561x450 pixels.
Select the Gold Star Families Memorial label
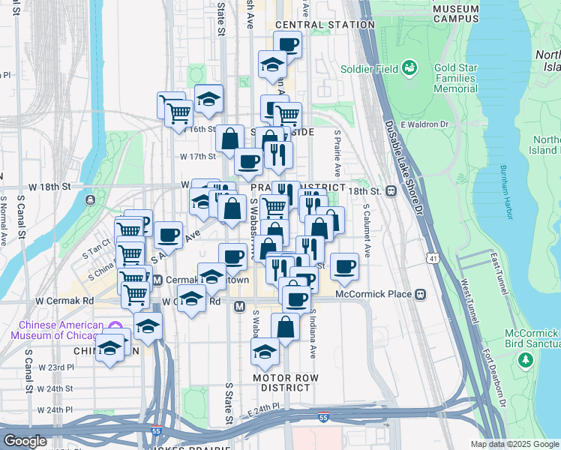click(x=455, y=78)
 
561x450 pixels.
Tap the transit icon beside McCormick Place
click(x=420, y=294)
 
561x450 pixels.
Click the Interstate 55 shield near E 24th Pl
click(x=323, y=417)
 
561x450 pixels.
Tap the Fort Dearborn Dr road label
click(x=495, y=382)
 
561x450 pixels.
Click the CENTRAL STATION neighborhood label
click(x=325, y=25)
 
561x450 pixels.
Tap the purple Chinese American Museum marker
click(x=115, y=328)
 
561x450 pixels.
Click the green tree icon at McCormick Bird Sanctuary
click(x=526, y=361)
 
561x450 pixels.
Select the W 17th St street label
click(x=197, y=157)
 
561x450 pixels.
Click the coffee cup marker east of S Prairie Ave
click(x=344, y=266)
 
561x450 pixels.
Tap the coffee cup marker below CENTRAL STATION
click(x=287, y=43)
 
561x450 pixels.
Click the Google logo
click(x=25, y=441)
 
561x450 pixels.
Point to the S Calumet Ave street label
click(x=367, y=226)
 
